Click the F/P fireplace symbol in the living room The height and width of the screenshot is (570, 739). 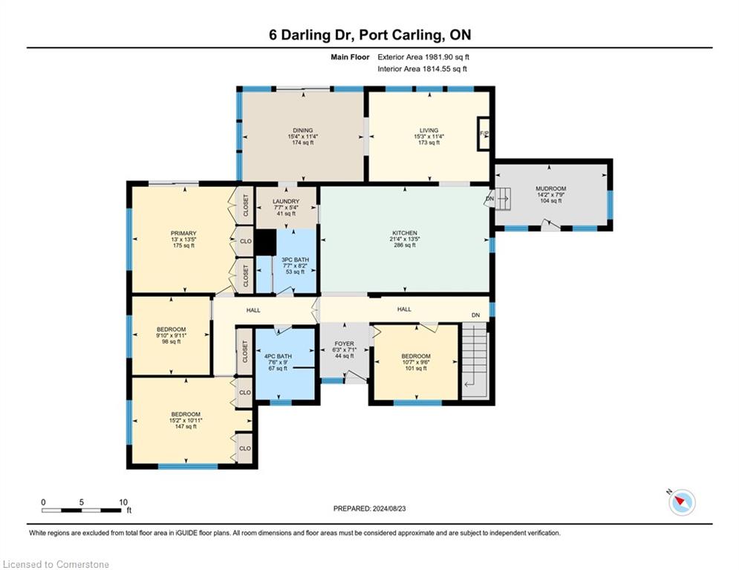point(484,134)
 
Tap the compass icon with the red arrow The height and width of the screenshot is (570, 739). point(682,502)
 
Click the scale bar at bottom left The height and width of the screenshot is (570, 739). point(82,510)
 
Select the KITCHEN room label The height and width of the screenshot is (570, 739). point(405,233)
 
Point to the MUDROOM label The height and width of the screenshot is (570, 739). point(550,189)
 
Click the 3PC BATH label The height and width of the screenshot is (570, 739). point(295,260)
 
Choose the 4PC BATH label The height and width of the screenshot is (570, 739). point(278,356)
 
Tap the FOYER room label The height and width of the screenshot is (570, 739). point(344,344)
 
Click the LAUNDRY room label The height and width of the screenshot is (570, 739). point(286,201)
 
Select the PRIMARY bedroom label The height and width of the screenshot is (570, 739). point(183,233)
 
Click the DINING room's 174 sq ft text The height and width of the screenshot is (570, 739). point(302,142)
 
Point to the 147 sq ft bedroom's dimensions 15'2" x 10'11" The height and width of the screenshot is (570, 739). point(186,420)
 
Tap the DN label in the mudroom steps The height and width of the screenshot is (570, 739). point(489,199)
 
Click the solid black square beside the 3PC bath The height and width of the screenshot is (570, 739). point(265,242)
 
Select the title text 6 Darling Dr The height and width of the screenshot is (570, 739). point(311,35)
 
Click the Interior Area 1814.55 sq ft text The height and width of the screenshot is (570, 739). point(423,69)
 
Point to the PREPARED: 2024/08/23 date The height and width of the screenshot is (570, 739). point(370,508)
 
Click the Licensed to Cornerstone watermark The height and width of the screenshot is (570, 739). point(56,564)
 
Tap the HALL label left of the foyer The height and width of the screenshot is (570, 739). point(253,310)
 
